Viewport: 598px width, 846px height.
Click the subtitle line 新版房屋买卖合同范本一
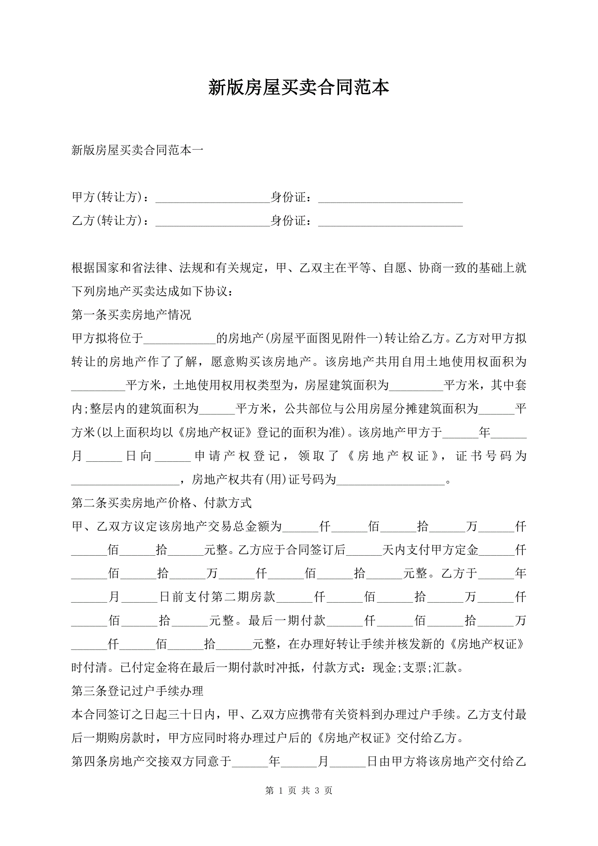click(137, 150)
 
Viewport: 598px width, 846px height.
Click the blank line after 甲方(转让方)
click(212, 199)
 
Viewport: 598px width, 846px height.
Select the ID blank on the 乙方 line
click(390, 222)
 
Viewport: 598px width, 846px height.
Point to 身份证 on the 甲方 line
click(288, 197)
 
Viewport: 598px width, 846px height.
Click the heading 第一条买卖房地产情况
click(131, 315)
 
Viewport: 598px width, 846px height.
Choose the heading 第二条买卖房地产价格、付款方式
click(161, 503)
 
